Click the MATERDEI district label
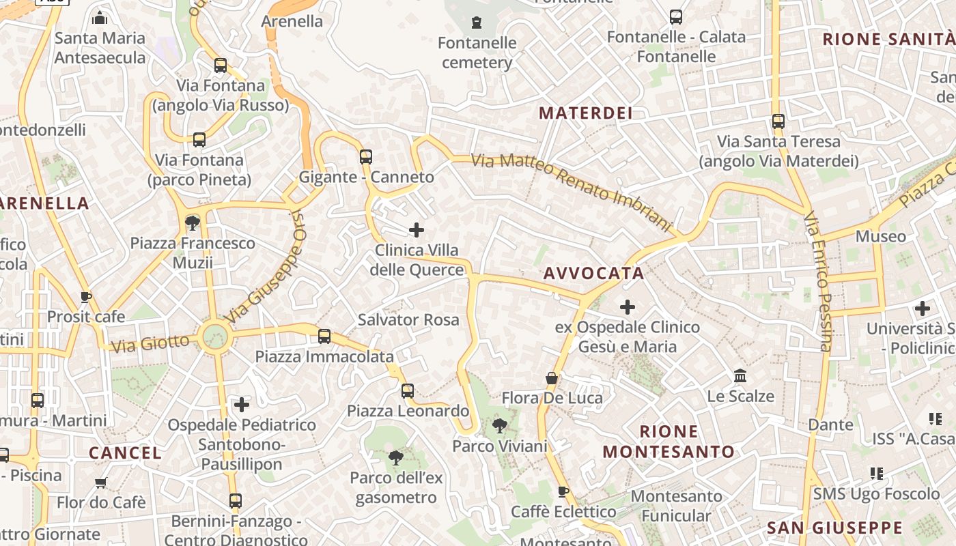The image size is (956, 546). point(586,113)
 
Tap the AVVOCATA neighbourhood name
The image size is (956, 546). point(593,274)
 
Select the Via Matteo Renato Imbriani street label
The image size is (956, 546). point(572,190)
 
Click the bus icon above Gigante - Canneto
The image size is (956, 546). point(366,157)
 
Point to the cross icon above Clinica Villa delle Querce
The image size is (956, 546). point(416,230)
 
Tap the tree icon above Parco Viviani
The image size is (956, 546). point(500,426)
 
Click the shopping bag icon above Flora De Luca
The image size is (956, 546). point(552,378)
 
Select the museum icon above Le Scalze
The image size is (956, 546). point(740,375)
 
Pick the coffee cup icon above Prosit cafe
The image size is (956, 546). point(86,297)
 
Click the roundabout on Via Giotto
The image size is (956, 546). point(214,336)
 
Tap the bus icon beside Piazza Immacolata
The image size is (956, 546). point(324,336)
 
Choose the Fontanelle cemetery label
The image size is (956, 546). point(477,53)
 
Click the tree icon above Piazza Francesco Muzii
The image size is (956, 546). point(193,222)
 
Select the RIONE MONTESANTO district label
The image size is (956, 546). point(669,442)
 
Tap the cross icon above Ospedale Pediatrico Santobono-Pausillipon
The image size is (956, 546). point(242,405)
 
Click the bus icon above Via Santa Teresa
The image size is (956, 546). point(778,121)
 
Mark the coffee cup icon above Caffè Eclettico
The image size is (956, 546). point(563,491)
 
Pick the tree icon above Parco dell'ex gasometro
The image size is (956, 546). point(395,457)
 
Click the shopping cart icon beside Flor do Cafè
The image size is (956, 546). point(101,483)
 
